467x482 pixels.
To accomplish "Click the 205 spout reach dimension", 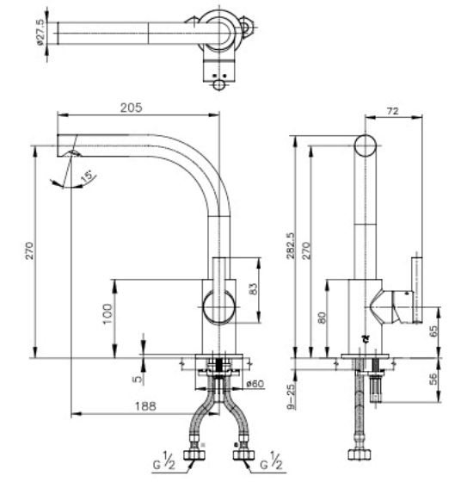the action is [x=132, y=108].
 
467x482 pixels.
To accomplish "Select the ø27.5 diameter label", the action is [x=40, y=33].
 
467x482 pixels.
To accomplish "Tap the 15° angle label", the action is [x=87, y=176].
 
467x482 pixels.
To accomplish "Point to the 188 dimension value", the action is [x=145, y=406].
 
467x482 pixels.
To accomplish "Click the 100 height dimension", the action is [x=108, y=313].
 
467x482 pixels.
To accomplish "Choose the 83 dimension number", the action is [x=254, y=289].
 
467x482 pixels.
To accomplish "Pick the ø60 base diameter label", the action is [x=255, y=384].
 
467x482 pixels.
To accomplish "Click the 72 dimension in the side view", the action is [x=392, y=111].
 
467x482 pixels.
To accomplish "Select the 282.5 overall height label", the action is [x=291, y=246].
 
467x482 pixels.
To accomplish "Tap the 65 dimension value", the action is [x=433, y=331].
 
